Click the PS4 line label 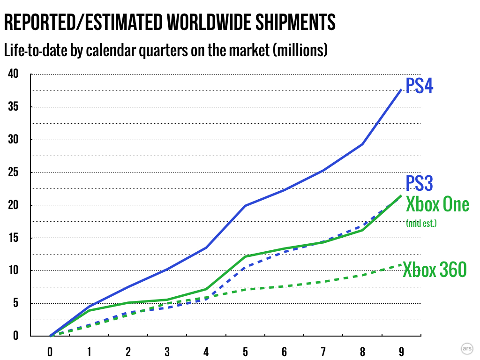(419, 86)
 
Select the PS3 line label (419, 184)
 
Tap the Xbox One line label (437, 205)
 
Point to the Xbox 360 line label (435, 270)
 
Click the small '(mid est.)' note (421, 224)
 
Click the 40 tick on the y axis (13, 74)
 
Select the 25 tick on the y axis (13, 172)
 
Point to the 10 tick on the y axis (13, 270)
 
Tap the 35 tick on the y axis (13, 107)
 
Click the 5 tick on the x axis (245, 351)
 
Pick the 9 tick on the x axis (401, 351)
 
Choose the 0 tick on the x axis (50, 351)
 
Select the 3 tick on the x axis (167, 351)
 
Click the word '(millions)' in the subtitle (299, 50)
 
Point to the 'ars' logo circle (466, 349)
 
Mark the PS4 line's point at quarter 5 (245, 206)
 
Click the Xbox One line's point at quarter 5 (245, 257)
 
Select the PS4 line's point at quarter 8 (362, 144)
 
